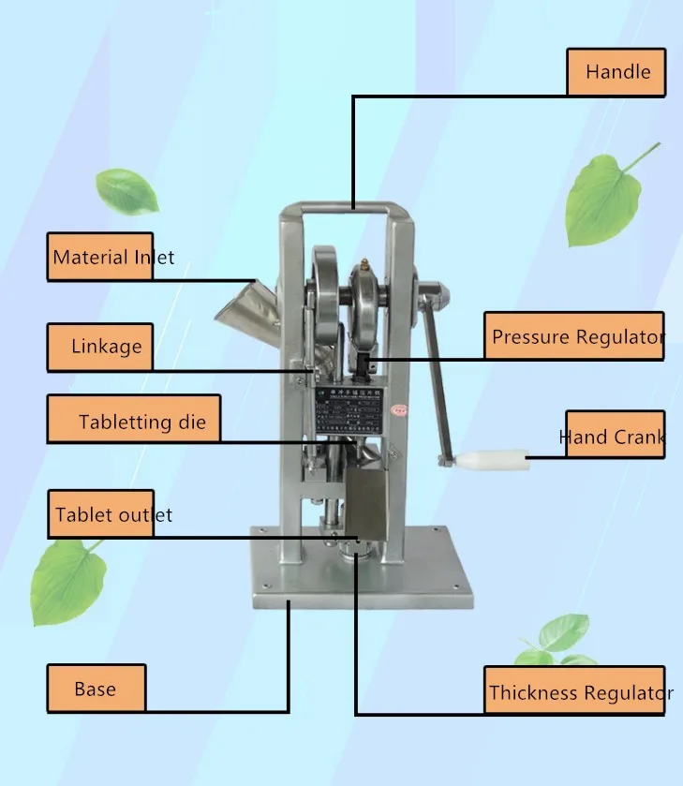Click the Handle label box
point(616,72)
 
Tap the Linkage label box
point(100,347)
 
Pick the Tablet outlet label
point(100,514)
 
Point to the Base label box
point(97,689)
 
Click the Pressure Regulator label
point(573,336)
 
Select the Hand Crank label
point(614,436)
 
